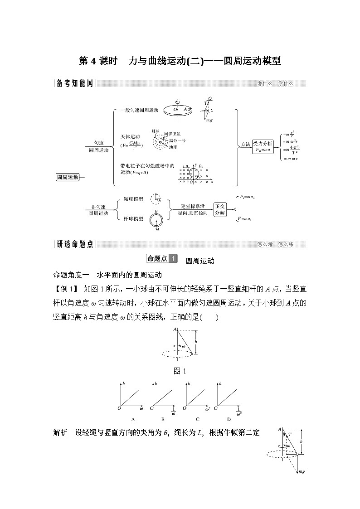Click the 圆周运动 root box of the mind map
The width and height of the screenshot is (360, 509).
point(68,177)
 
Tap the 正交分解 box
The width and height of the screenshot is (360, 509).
point(220,209)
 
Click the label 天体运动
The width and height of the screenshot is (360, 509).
point(130,137)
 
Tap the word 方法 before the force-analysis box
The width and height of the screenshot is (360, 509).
point(245,145)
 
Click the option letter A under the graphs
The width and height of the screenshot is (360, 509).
point(133,419)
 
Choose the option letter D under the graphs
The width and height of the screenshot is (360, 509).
point(229,419)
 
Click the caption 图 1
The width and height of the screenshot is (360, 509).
point(180,371)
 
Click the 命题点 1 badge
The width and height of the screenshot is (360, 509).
point(162,259)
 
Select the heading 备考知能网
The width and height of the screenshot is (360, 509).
point(73,83)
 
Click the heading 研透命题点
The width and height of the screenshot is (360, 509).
point(73,244)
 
